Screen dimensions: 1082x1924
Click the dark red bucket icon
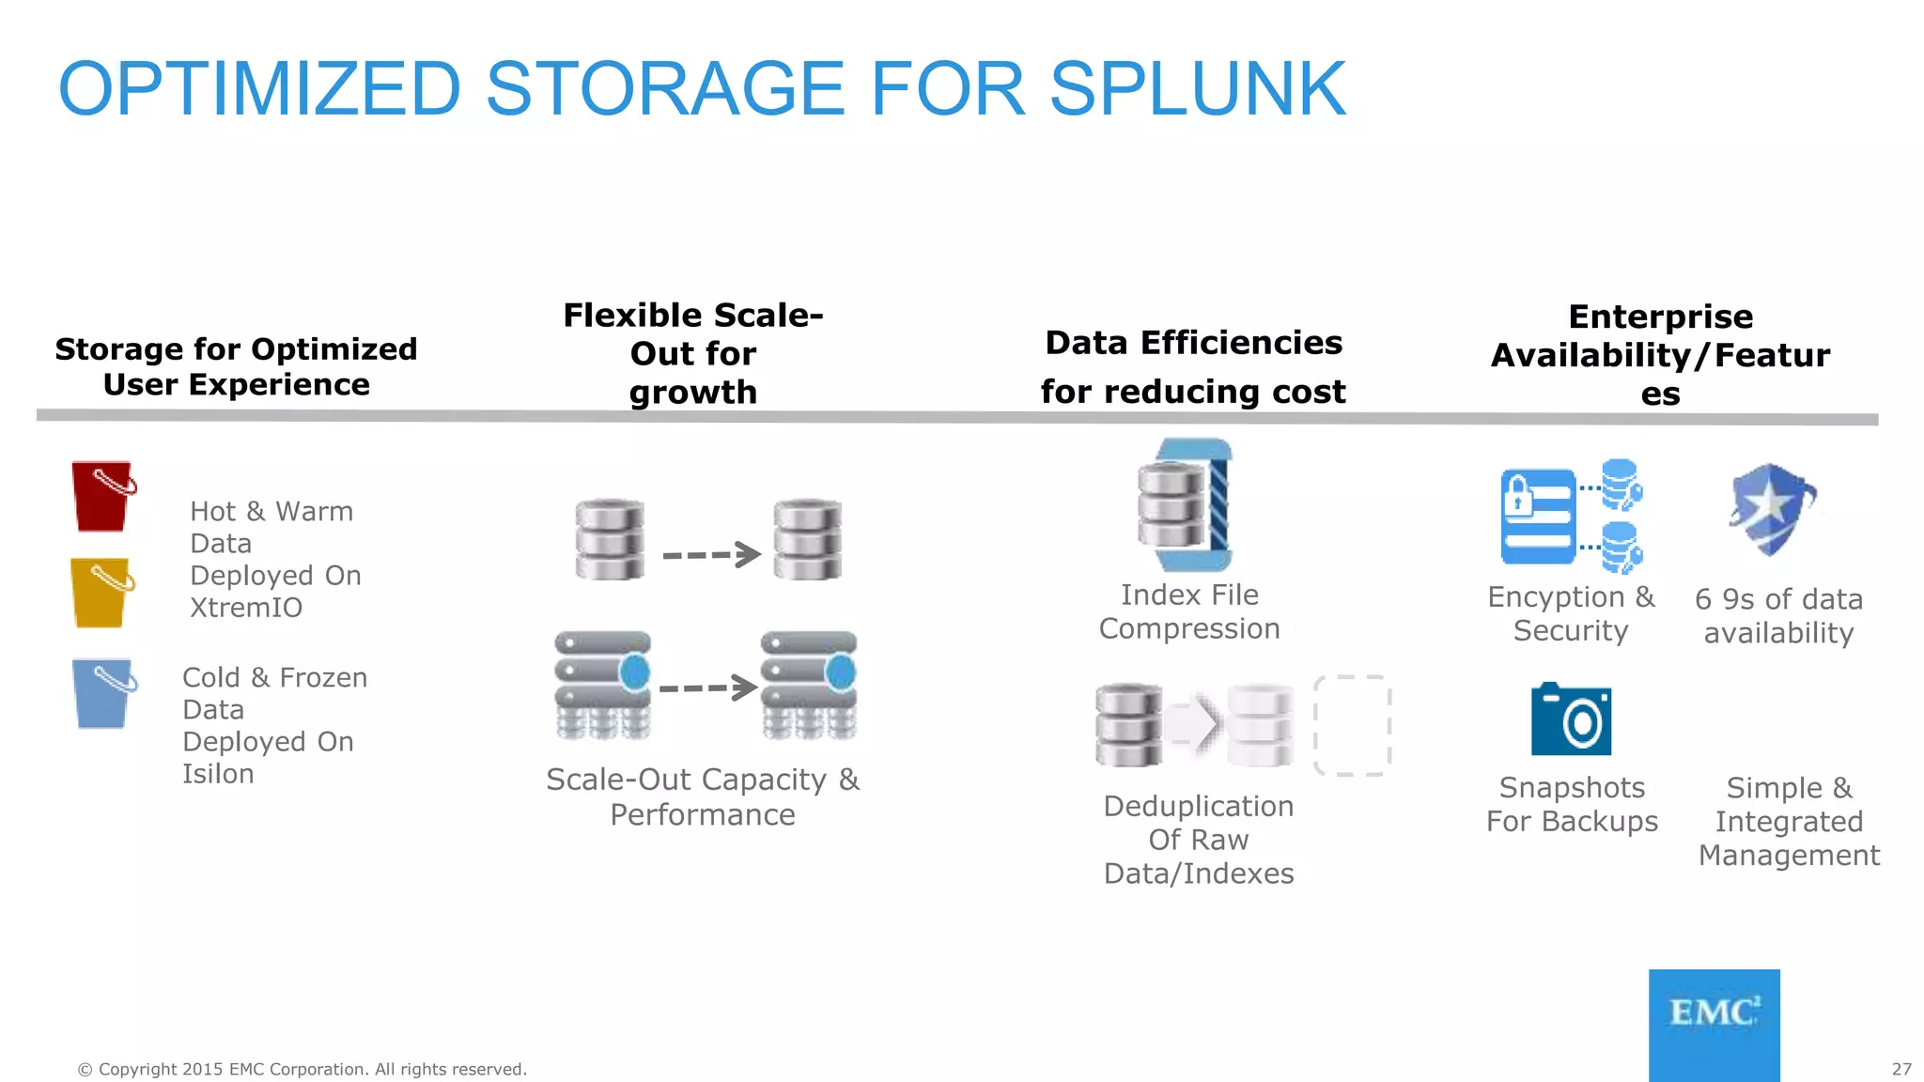101,497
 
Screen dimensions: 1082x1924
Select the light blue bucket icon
101,694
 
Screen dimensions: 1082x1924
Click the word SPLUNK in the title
1197,89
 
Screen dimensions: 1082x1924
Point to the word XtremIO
246,608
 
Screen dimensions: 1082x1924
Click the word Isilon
218,774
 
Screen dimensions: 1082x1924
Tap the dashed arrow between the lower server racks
707,688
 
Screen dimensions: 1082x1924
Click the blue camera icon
1571,719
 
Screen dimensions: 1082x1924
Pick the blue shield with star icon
1771,507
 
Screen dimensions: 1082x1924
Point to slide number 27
1901,1069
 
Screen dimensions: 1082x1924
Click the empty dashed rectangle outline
1351,725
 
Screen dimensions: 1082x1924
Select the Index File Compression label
1189,611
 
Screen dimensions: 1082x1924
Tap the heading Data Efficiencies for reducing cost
1193,366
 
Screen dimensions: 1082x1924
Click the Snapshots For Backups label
1572,804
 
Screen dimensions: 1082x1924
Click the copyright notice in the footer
302,1069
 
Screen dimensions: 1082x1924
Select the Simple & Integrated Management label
1789,821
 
